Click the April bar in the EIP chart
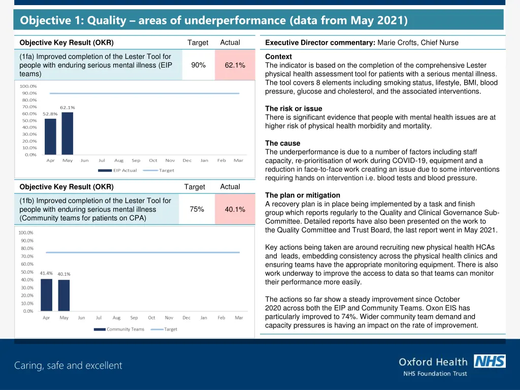tap(50, 136)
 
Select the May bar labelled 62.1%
tap(68, 133)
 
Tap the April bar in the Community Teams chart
tap(46, 295)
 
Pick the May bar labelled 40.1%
tap(63, 295)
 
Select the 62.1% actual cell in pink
tap(235, 65)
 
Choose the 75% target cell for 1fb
tap(197, 209)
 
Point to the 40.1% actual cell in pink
tap(235, 209)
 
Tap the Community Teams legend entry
tap(119, 329)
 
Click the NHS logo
tap(490, 361)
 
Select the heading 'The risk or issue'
tap(294, 109)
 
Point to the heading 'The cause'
tap(283, 143)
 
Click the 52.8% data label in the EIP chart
tap(50, 114)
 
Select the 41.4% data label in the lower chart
tap(46, 273)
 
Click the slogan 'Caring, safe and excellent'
tap(68, 366)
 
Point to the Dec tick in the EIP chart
tap(187, 160)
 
